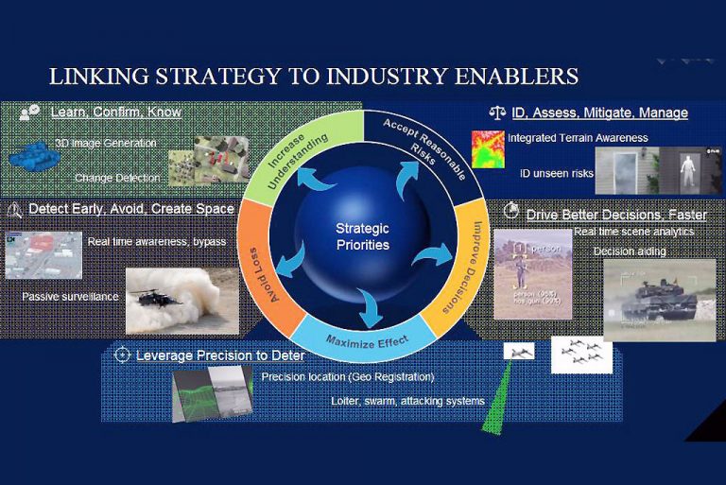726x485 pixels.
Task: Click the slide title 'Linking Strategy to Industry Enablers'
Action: pos(313,76)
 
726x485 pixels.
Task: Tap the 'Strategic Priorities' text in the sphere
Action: pos(362,236)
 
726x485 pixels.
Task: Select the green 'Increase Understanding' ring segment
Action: pos(287,151)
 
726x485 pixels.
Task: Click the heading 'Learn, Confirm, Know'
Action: pos(115,113)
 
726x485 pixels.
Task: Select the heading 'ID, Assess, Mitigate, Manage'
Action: pos(599,113)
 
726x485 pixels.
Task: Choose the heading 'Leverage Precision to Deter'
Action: pos(219,355)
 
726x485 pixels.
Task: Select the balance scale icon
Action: pos(496,113)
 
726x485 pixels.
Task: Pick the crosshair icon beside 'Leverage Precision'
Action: pos(121,355)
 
